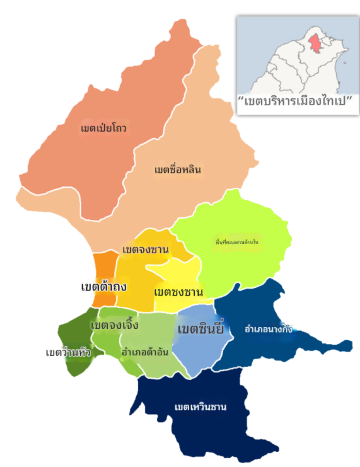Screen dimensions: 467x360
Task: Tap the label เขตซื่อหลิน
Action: click(x=178, y=169)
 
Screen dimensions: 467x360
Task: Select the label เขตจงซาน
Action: click(x=145, y=249)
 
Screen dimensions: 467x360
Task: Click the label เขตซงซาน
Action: click(x=179, y=291)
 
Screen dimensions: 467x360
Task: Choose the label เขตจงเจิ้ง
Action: click(x=113, y=325)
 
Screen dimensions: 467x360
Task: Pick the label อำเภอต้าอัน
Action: click(x=145, y=352)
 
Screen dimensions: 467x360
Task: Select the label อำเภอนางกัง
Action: click(x=269, y=328)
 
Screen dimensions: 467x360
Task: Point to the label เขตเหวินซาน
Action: click(x=200, y=406)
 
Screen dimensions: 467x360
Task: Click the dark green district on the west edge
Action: click(x=70, y=335)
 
